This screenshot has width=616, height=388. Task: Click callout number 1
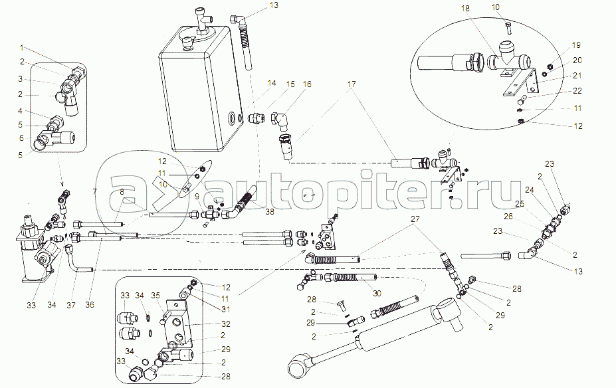click(x=21, y=48)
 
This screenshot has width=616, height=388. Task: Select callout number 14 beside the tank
click(x=271, y=84)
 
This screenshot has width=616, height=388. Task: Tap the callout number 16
click(x=307, y=84)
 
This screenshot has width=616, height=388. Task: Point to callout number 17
click(x=352, y=84)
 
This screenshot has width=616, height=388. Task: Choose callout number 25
click(x=519, y=203)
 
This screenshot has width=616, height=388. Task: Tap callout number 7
click(x=94, y=191)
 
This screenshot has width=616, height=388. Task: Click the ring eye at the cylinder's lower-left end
click(x=296, y=365)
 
